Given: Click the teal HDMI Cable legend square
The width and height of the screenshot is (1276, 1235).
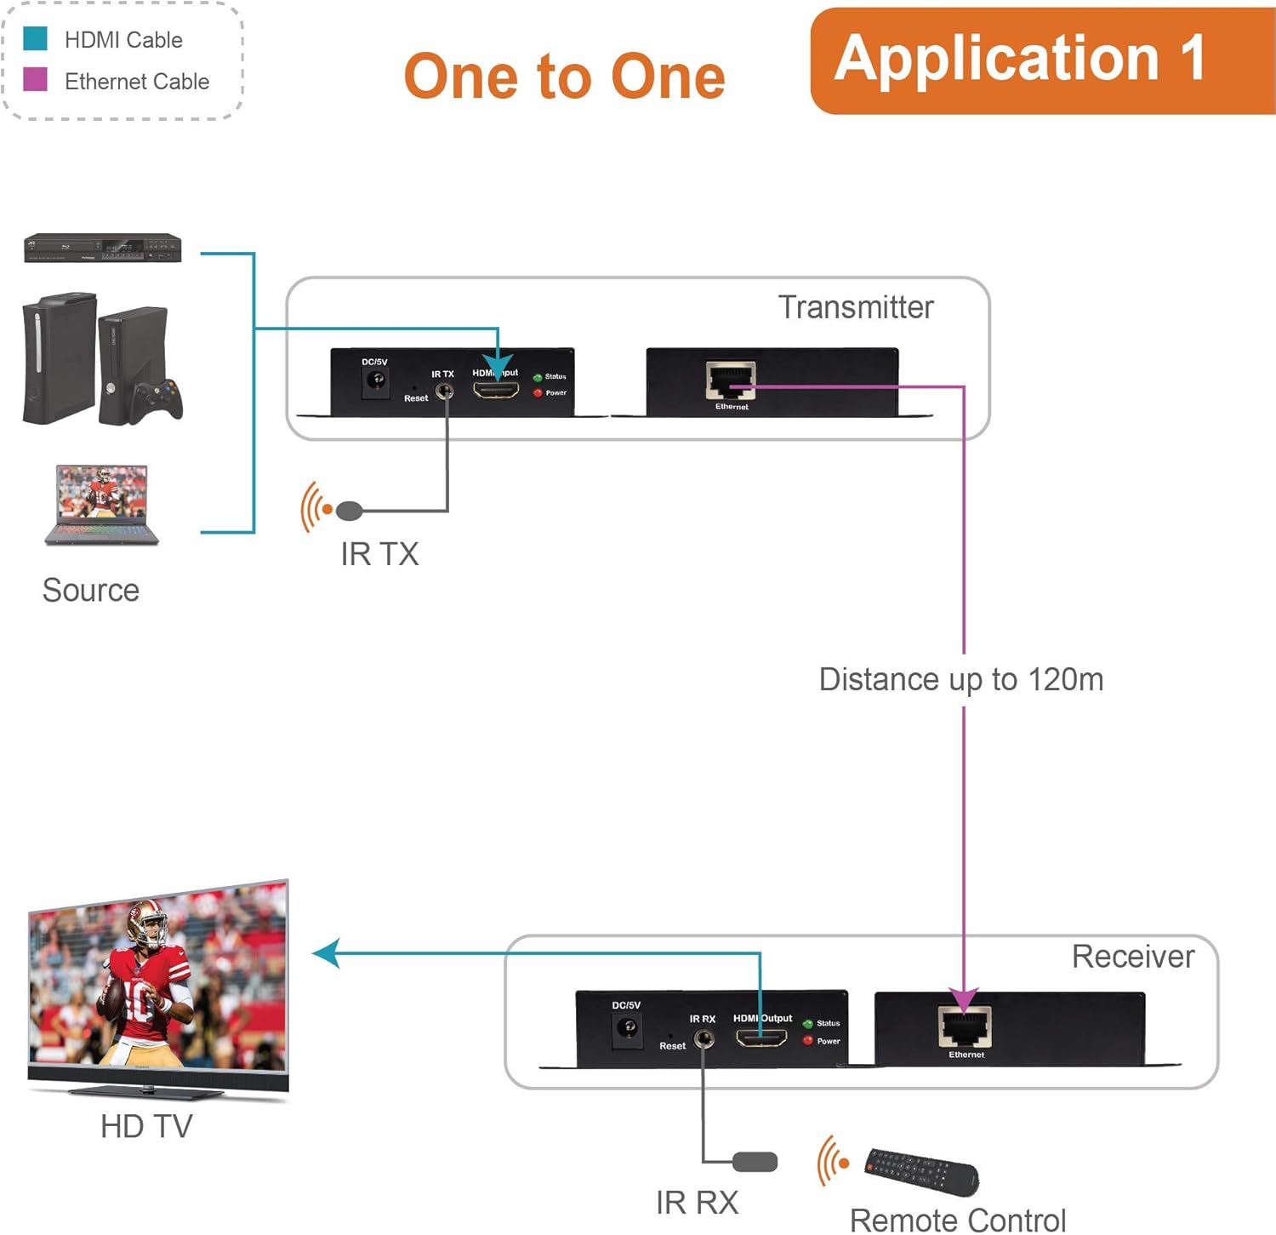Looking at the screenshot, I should (35, 39).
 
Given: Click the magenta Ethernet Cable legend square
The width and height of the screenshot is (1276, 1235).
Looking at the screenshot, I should (35, 80).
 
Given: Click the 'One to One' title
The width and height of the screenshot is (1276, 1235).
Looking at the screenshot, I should (564, 77).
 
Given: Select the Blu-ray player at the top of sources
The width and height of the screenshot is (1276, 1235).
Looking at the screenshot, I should (102, 248).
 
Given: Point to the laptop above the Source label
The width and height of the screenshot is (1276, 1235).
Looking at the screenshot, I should (101, 504).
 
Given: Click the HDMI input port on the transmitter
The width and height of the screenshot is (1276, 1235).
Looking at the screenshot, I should (496, 391).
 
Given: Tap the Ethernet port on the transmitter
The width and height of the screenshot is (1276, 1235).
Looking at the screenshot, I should (730, 380).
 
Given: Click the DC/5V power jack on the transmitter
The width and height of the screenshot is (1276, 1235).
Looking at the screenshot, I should (374, 380).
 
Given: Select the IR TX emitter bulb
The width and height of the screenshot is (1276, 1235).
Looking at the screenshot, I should (349, 511).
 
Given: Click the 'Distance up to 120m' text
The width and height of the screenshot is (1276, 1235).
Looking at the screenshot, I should (960, 679).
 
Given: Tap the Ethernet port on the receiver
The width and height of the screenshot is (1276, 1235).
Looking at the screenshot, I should (965, 1027).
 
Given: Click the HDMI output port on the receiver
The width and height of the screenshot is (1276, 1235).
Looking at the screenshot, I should (760, 1038).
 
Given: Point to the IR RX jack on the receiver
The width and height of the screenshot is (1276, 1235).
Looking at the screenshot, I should (704, 1038).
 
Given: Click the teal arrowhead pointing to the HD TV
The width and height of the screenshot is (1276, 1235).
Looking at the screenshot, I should (327, 953).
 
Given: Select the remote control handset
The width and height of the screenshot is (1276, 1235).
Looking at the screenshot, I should (921, 1171).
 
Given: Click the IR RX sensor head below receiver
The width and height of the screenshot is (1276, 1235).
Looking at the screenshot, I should (755, 1162).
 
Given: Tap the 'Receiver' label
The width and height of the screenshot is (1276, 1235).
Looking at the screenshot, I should (1132, 957).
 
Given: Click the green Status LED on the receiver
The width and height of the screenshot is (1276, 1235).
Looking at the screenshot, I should (807, 1024).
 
